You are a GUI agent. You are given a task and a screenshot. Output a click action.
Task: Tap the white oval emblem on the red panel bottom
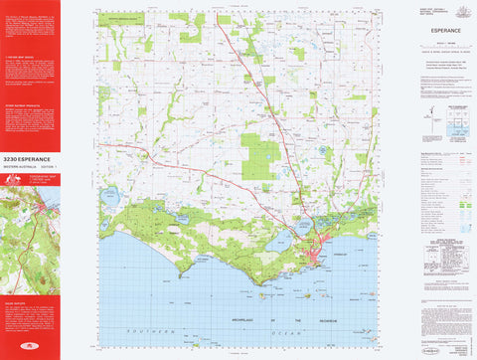[x=29, y=344]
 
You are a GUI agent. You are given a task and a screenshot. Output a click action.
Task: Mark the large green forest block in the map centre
[x=258, y=156]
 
